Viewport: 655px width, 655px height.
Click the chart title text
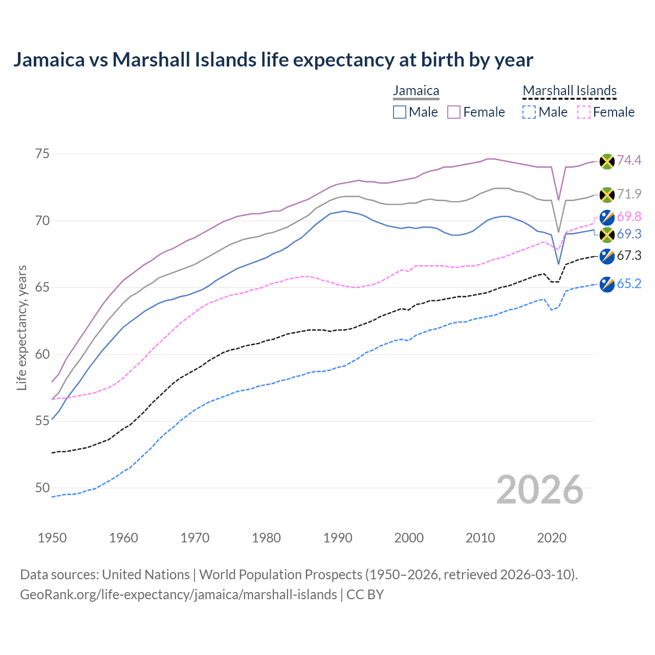[273, 60]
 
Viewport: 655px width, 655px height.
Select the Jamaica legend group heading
[416, 91]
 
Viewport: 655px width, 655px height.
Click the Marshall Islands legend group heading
[570, 91]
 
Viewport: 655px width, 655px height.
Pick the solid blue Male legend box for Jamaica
[400, 112]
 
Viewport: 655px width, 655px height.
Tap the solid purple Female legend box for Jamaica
[454, 112]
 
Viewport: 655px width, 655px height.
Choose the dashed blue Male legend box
[529, 112]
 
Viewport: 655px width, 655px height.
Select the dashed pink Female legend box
[583, 112]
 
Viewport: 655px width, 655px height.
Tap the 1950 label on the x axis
[52, 538]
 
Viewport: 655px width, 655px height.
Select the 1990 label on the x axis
[338, 538]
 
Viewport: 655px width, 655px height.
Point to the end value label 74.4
[629, 161]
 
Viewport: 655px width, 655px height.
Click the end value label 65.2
[629, 284]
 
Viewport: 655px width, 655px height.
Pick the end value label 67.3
[629, 256]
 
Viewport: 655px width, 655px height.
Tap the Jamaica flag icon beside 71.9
[607, 194]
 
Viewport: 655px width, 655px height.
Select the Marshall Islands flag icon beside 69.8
[607, 217]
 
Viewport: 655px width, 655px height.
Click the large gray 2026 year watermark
[539, 490]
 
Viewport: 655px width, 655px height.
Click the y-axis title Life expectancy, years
[22, 327]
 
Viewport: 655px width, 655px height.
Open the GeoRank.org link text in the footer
[178, 595]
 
